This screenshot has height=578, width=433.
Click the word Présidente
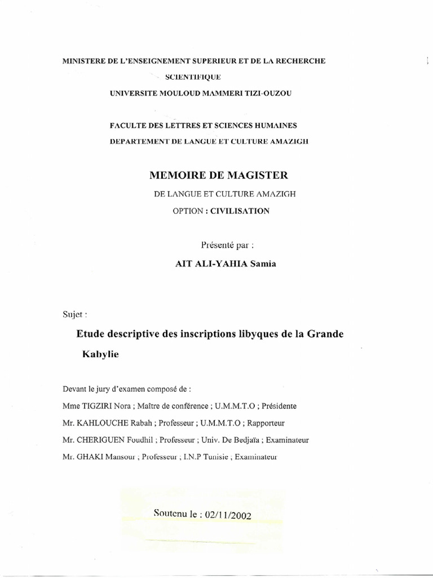(x=280, y=406)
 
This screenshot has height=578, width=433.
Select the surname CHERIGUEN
(x=102, y=440)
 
